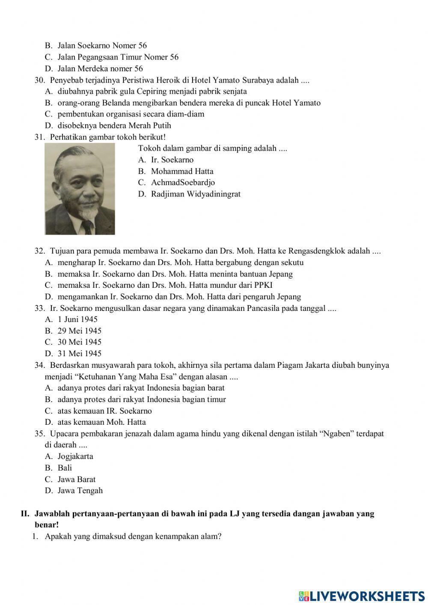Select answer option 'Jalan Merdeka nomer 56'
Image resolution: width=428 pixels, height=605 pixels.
pos(100,69)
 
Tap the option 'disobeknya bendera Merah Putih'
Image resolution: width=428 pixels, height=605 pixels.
pos(114,125)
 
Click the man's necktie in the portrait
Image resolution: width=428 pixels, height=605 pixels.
pos(88,226)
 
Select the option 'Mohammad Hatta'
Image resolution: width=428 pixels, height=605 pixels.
pos(182,171)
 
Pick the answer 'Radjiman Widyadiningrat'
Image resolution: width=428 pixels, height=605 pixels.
pos(196,194)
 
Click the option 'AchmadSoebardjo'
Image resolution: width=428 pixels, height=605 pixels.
pos(183,183)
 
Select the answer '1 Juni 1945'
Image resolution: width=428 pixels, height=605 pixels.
pos(77,319)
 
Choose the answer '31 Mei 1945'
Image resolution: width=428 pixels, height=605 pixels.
pos(79,354)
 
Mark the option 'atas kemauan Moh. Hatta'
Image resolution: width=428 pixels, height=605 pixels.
pos(101,422)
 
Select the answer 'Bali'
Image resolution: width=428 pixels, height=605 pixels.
pos(65,468)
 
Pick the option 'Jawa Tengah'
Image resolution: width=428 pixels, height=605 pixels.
pos(80,491)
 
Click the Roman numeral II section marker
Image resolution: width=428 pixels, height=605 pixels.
pos(25,513)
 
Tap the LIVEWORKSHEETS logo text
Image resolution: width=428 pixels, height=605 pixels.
pos(367,596)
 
